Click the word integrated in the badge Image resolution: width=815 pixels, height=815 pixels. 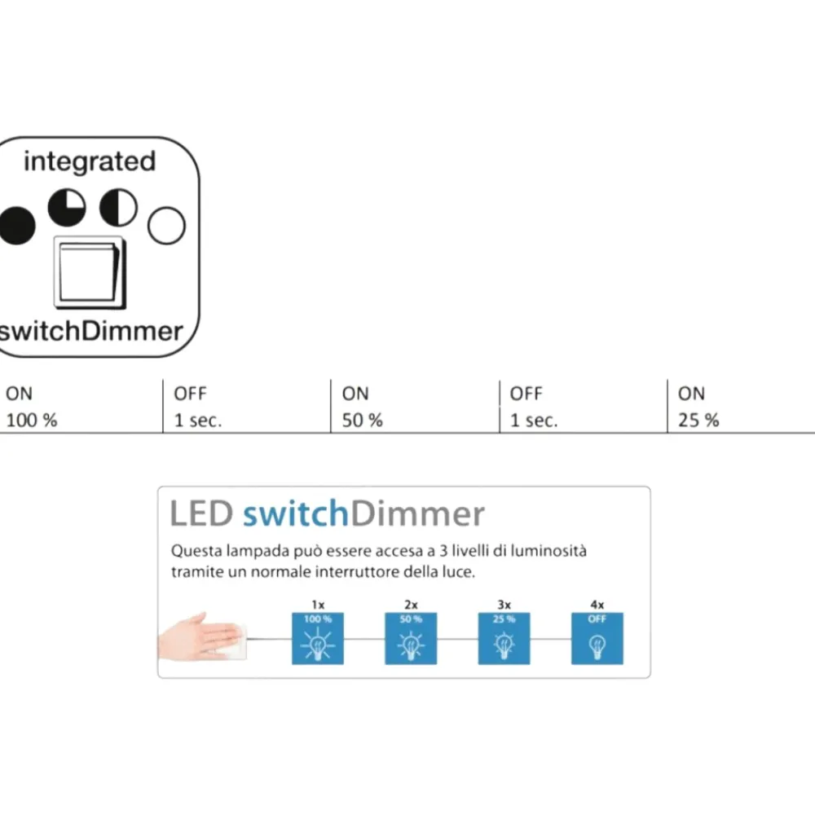(x=90, y=161)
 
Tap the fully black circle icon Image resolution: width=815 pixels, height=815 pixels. (x=17, y=226)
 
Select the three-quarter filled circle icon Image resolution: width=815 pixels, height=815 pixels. (x=67, y=207)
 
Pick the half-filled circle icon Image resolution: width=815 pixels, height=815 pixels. (x=118, y=207)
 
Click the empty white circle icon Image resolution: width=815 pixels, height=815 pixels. (x=166, y=226)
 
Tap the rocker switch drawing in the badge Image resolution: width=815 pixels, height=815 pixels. (x=90, y=273)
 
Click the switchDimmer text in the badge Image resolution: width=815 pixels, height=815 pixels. (x=91, y=331)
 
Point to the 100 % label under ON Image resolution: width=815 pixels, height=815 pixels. (x=32, y=420)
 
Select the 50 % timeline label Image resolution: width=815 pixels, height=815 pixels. (x=363, y=420)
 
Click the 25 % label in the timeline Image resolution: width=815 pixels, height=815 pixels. (x=698, y=420)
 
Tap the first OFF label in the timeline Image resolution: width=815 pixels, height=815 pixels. (x=190, y=394)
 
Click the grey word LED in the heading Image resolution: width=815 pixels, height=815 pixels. (x=201, y=513)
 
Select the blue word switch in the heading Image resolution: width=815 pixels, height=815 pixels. (x=296, y=513)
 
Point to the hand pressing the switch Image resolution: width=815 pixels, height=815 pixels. (x=200, y=637)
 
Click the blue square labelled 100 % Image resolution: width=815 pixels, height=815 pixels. (x=318, y=638)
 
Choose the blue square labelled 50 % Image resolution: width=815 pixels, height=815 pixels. (x=411, y=638)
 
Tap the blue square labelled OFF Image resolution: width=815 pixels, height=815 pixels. (x=597, y=638)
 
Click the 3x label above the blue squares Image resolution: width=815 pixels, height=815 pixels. (x=504, y=605)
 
